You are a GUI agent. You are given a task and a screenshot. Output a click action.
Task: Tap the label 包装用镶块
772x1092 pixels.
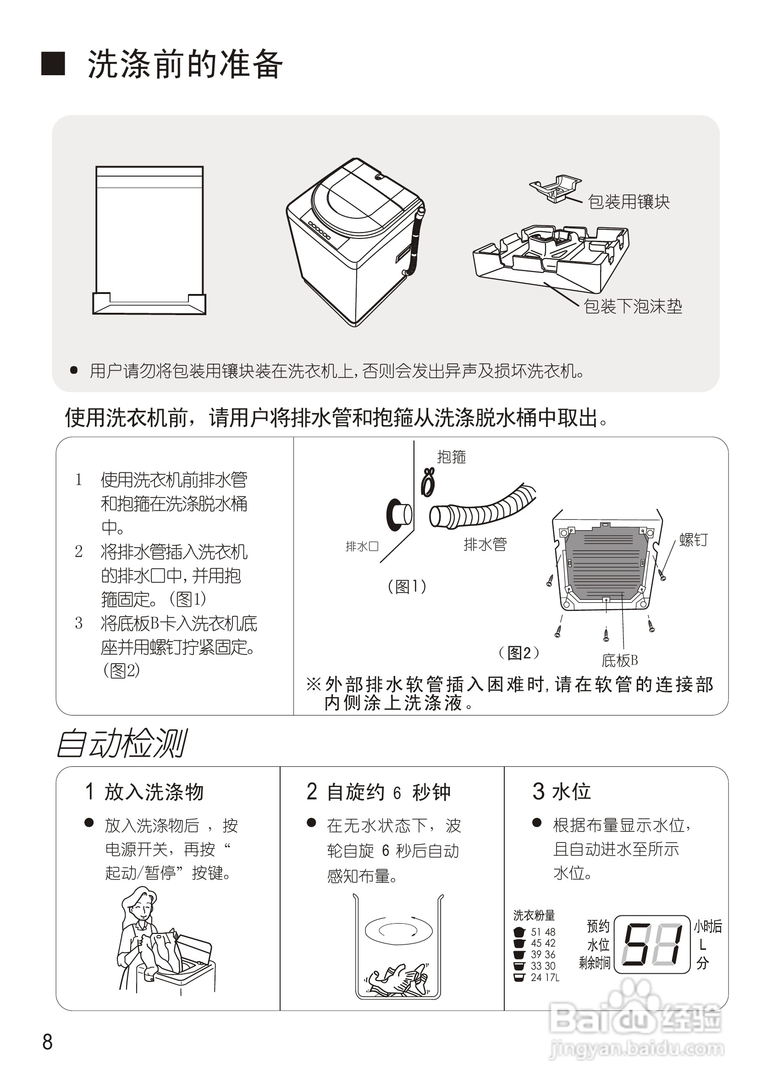point(629,202)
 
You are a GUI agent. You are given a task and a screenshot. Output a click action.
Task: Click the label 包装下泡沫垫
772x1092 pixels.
point(633,306)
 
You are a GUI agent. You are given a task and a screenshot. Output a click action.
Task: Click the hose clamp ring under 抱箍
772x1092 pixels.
point(428,482)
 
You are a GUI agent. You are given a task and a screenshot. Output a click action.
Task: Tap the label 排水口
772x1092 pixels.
point(362,547)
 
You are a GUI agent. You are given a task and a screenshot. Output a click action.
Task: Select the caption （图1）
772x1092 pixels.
point(407,587)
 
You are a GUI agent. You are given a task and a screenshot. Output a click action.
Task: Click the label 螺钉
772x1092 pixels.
point(693,540)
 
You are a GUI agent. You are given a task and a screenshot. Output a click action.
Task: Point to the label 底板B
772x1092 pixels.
point(619,660)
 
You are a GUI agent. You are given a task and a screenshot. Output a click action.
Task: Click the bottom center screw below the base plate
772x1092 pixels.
point(606,633)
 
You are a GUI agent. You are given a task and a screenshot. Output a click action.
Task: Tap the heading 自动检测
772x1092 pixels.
point(121,744)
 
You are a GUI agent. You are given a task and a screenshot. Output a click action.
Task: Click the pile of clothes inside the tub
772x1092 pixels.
point(398,980)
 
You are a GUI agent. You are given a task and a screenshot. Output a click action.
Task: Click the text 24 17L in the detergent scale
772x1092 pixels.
point(545,978)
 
